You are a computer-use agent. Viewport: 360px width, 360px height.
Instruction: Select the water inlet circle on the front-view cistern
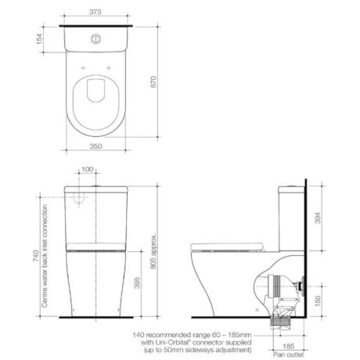[79, 200]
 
